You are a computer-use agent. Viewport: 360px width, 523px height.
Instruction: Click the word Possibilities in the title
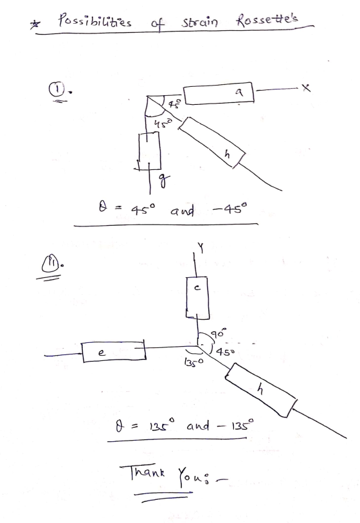(94, 21)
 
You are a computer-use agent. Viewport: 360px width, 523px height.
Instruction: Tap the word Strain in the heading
(199, 22)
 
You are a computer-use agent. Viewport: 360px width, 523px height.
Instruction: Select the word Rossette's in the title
(266, 19)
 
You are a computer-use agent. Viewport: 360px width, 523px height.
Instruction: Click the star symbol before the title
(34, 24)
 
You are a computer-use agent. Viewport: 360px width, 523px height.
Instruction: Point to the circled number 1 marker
(56, 89)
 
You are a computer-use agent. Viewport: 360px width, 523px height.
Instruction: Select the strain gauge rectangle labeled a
(219, 93)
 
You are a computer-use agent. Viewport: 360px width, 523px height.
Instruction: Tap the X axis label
(305, 87)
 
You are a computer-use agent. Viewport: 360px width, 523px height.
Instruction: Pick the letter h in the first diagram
(228, 154)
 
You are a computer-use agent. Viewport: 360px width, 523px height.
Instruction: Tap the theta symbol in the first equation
(103, 208)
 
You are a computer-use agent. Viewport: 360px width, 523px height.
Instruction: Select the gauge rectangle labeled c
(197, 297)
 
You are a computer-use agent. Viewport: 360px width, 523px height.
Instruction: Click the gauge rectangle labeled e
(114, 351)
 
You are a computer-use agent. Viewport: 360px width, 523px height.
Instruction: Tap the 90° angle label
(219, 333)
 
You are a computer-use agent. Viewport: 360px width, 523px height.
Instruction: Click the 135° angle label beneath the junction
(193, 362)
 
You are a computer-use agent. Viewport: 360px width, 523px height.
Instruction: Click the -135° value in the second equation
(235, 426)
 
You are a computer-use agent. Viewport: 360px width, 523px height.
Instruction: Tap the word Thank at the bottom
(143, 472)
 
